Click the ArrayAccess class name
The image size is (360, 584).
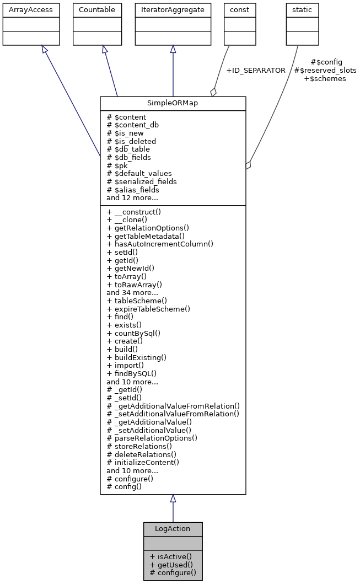click(23, 10)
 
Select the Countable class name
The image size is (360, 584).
click(96, 10)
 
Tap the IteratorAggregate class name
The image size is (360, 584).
click(173, 10)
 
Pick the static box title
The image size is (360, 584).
click(302, 10)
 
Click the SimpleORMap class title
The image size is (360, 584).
click(173, 103)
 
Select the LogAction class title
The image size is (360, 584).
click(173, 528)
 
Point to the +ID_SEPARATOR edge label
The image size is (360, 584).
click(256, 71)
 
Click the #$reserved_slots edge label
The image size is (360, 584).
click(325, 71)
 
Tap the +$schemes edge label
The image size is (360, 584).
click(325, 79)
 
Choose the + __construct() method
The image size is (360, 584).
click(132, 212)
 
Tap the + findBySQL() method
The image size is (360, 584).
click(132, 373)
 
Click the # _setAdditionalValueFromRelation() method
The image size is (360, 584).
click(173, 414)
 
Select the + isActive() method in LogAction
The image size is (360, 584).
click(170, 556)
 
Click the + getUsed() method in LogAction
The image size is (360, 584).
click(171, 565)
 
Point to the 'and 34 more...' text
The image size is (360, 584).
click(132, 292)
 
